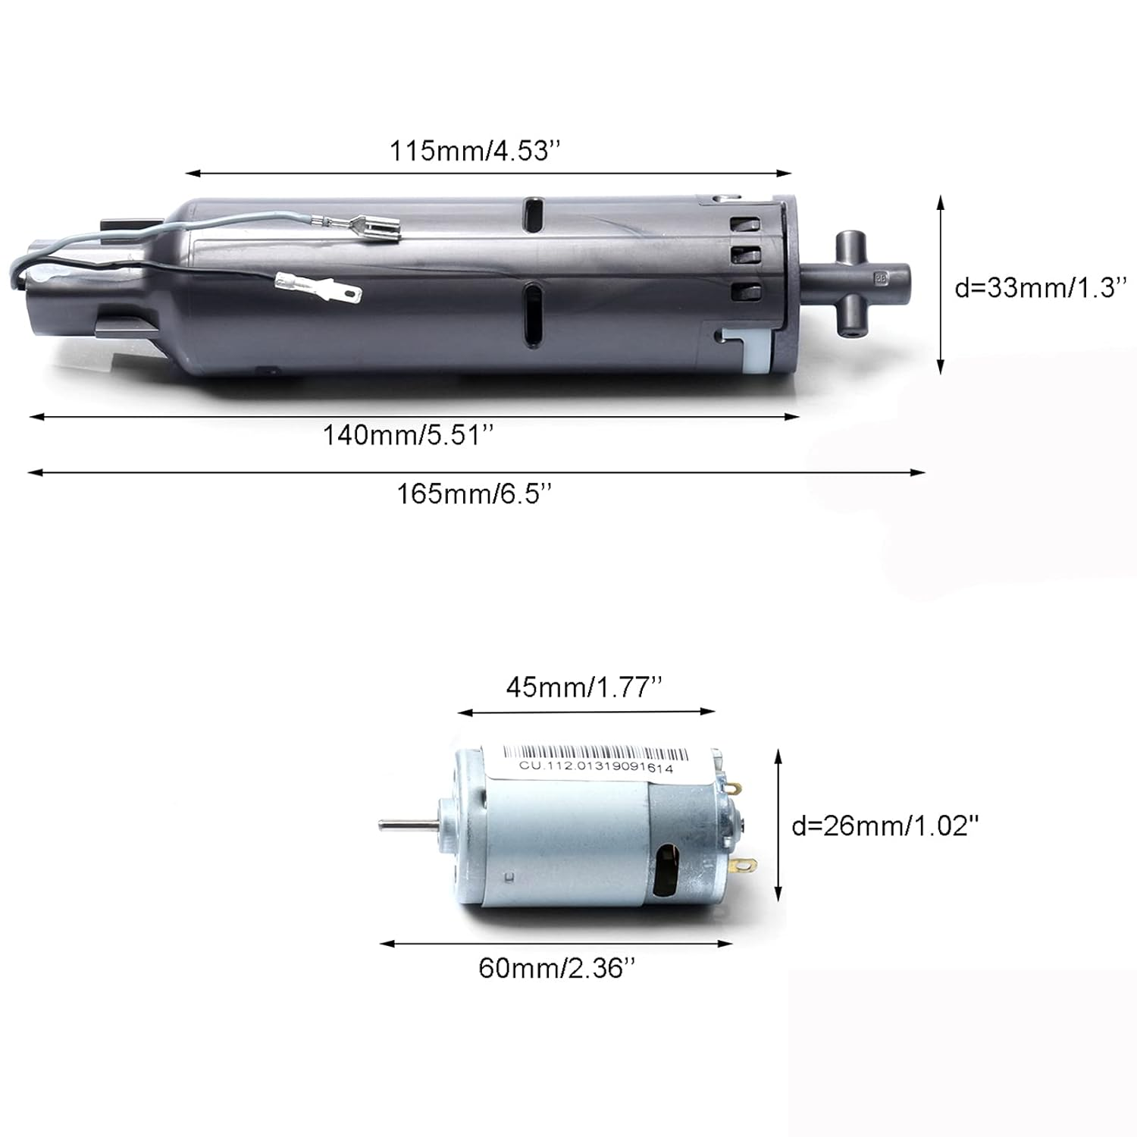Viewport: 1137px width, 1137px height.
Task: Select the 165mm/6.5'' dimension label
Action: (474, 494)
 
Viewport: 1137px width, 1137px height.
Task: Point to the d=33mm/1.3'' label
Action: (1041, 288)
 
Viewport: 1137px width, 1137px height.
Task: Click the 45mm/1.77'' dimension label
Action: (584, 688)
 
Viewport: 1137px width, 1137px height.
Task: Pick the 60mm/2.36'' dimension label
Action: (556, 968)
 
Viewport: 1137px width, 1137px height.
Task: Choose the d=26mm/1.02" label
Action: (885, 825)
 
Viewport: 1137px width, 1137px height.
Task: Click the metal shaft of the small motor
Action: (406, 824)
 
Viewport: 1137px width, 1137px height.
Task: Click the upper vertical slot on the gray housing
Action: (534, 215)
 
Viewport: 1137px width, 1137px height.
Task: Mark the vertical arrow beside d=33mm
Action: (941, 284)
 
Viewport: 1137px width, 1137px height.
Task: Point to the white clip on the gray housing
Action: (747, 343)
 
